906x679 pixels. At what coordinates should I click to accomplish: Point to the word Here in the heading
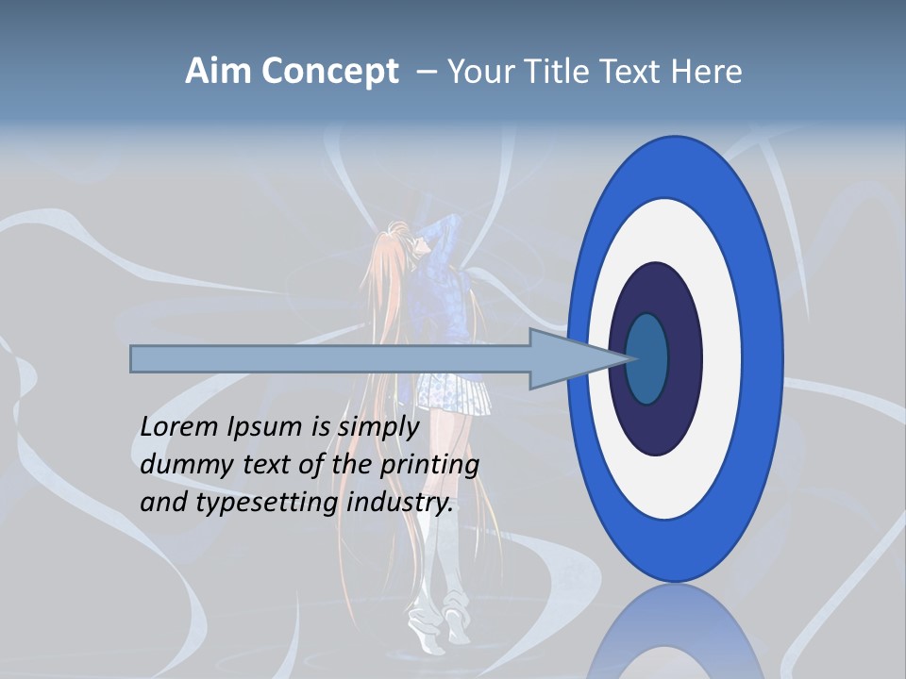tap(706, 72)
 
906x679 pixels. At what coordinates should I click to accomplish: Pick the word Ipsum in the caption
tap(265, 427)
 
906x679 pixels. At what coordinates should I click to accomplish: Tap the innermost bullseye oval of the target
tap(646, 358)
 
